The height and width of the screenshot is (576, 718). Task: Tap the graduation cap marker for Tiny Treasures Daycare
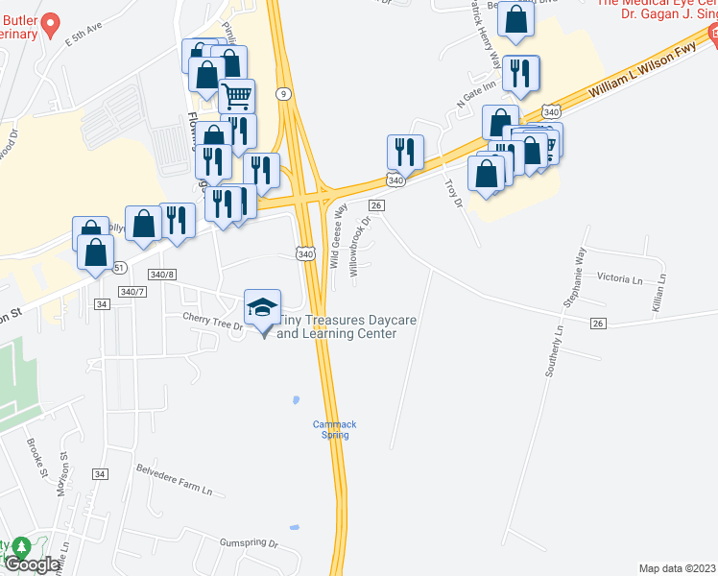pos(262,307)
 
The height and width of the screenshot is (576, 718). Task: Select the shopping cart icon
pos(236,95)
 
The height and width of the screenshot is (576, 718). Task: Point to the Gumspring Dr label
pos(249,543)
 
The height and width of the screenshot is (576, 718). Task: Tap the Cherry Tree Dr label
pos(214,324)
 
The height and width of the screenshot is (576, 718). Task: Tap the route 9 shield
pos(283,93)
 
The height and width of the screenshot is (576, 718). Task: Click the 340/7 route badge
pos(133,291)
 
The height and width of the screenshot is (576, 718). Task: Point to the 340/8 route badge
pos(160,275)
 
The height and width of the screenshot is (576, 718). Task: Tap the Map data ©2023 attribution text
pos(677,568)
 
